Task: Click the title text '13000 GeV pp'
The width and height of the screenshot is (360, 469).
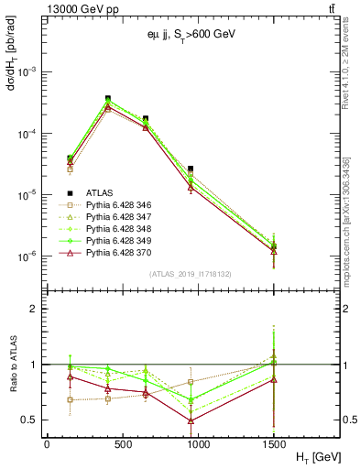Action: [x=74, y=8]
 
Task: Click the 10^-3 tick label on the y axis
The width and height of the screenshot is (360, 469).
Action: [x=27, y=71]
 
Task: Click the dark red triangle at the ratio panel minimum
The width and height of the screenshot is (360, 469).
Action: [x=191, y=420]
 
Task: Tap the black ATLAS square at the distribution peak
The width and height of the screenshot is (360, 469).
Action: [x=108, y=98]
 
